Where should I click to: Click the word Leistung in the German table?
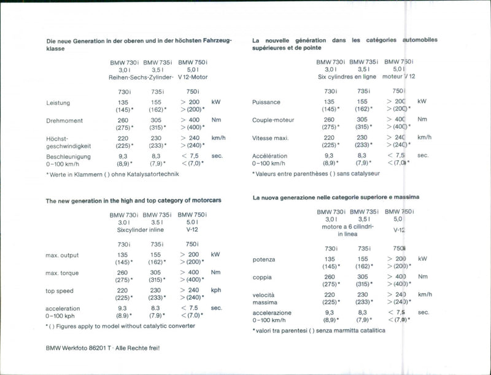58,102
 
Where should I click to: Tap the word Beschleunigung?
68,157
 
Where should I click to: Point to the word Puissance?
266,102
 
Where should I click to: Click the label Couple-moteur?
273,120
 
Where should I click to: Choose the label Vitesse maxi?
270,138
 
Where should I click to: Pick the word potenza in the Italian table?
264,260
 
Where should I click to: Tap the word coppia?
262,277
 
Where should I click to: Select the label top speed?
60,290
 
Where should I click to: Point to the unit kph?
216,290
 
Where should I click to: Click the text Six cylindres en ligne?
347,78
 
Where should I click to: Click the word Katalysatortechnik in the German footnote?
158,174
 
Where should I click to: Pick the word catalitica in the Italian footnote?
369,330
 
